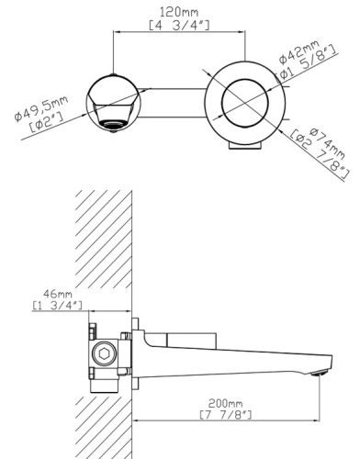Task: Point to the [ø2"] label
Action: pos(50,122)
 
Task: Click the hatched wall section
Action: pos(103,239)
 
